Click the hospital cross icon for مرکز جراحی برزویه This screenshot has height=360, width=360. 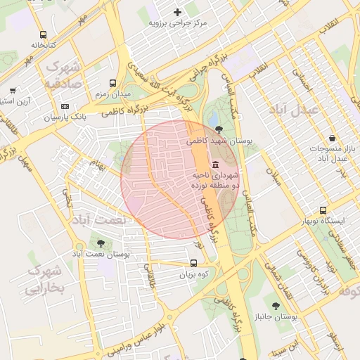(177, 12)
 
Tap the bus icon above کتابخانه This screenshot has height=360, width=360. (44, 34)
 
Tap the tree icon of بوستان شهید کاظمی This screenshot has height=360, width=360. (221, 129)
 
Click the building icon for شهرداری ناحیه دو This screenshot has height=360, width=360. (214, 164)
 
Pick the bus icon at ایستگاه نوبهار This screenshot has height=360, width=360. (323, 210)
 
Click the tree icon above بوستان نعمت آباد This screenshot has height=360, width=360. (101, 243)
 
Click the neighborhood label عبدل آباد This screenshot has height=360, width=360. (295, 110)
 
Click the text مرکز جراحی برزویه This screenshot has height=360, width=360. (177, 23)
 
